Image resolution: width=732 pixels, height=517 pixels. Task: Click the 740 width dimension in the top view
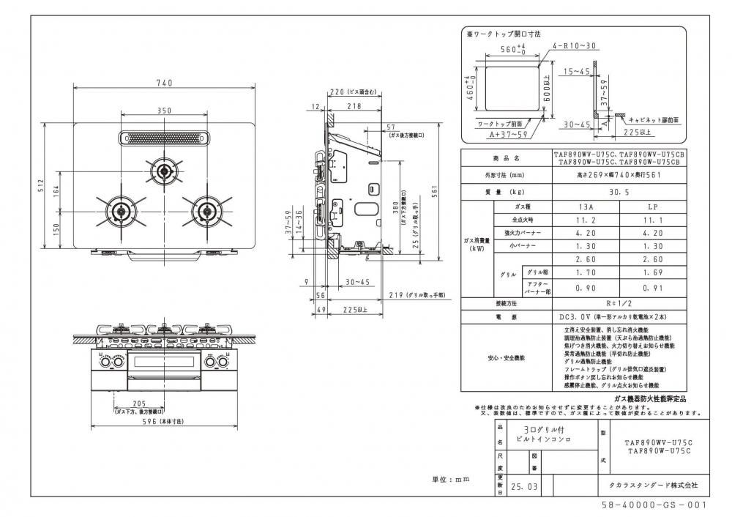pos(163,83)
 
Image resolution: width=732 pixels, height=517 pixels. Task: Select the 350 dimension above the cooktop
pos(163,111)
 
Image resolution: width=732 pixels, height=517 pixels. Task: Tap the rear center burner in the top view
pos(163,172)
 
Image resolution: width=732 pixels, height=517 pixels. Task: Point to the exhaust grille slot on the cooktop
pos(163,138)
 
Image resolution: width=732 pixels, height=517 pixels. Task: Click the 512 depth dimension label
pos(45,186)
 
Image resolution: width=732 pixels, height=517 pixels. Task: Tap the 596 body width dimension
pos(163,423)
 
